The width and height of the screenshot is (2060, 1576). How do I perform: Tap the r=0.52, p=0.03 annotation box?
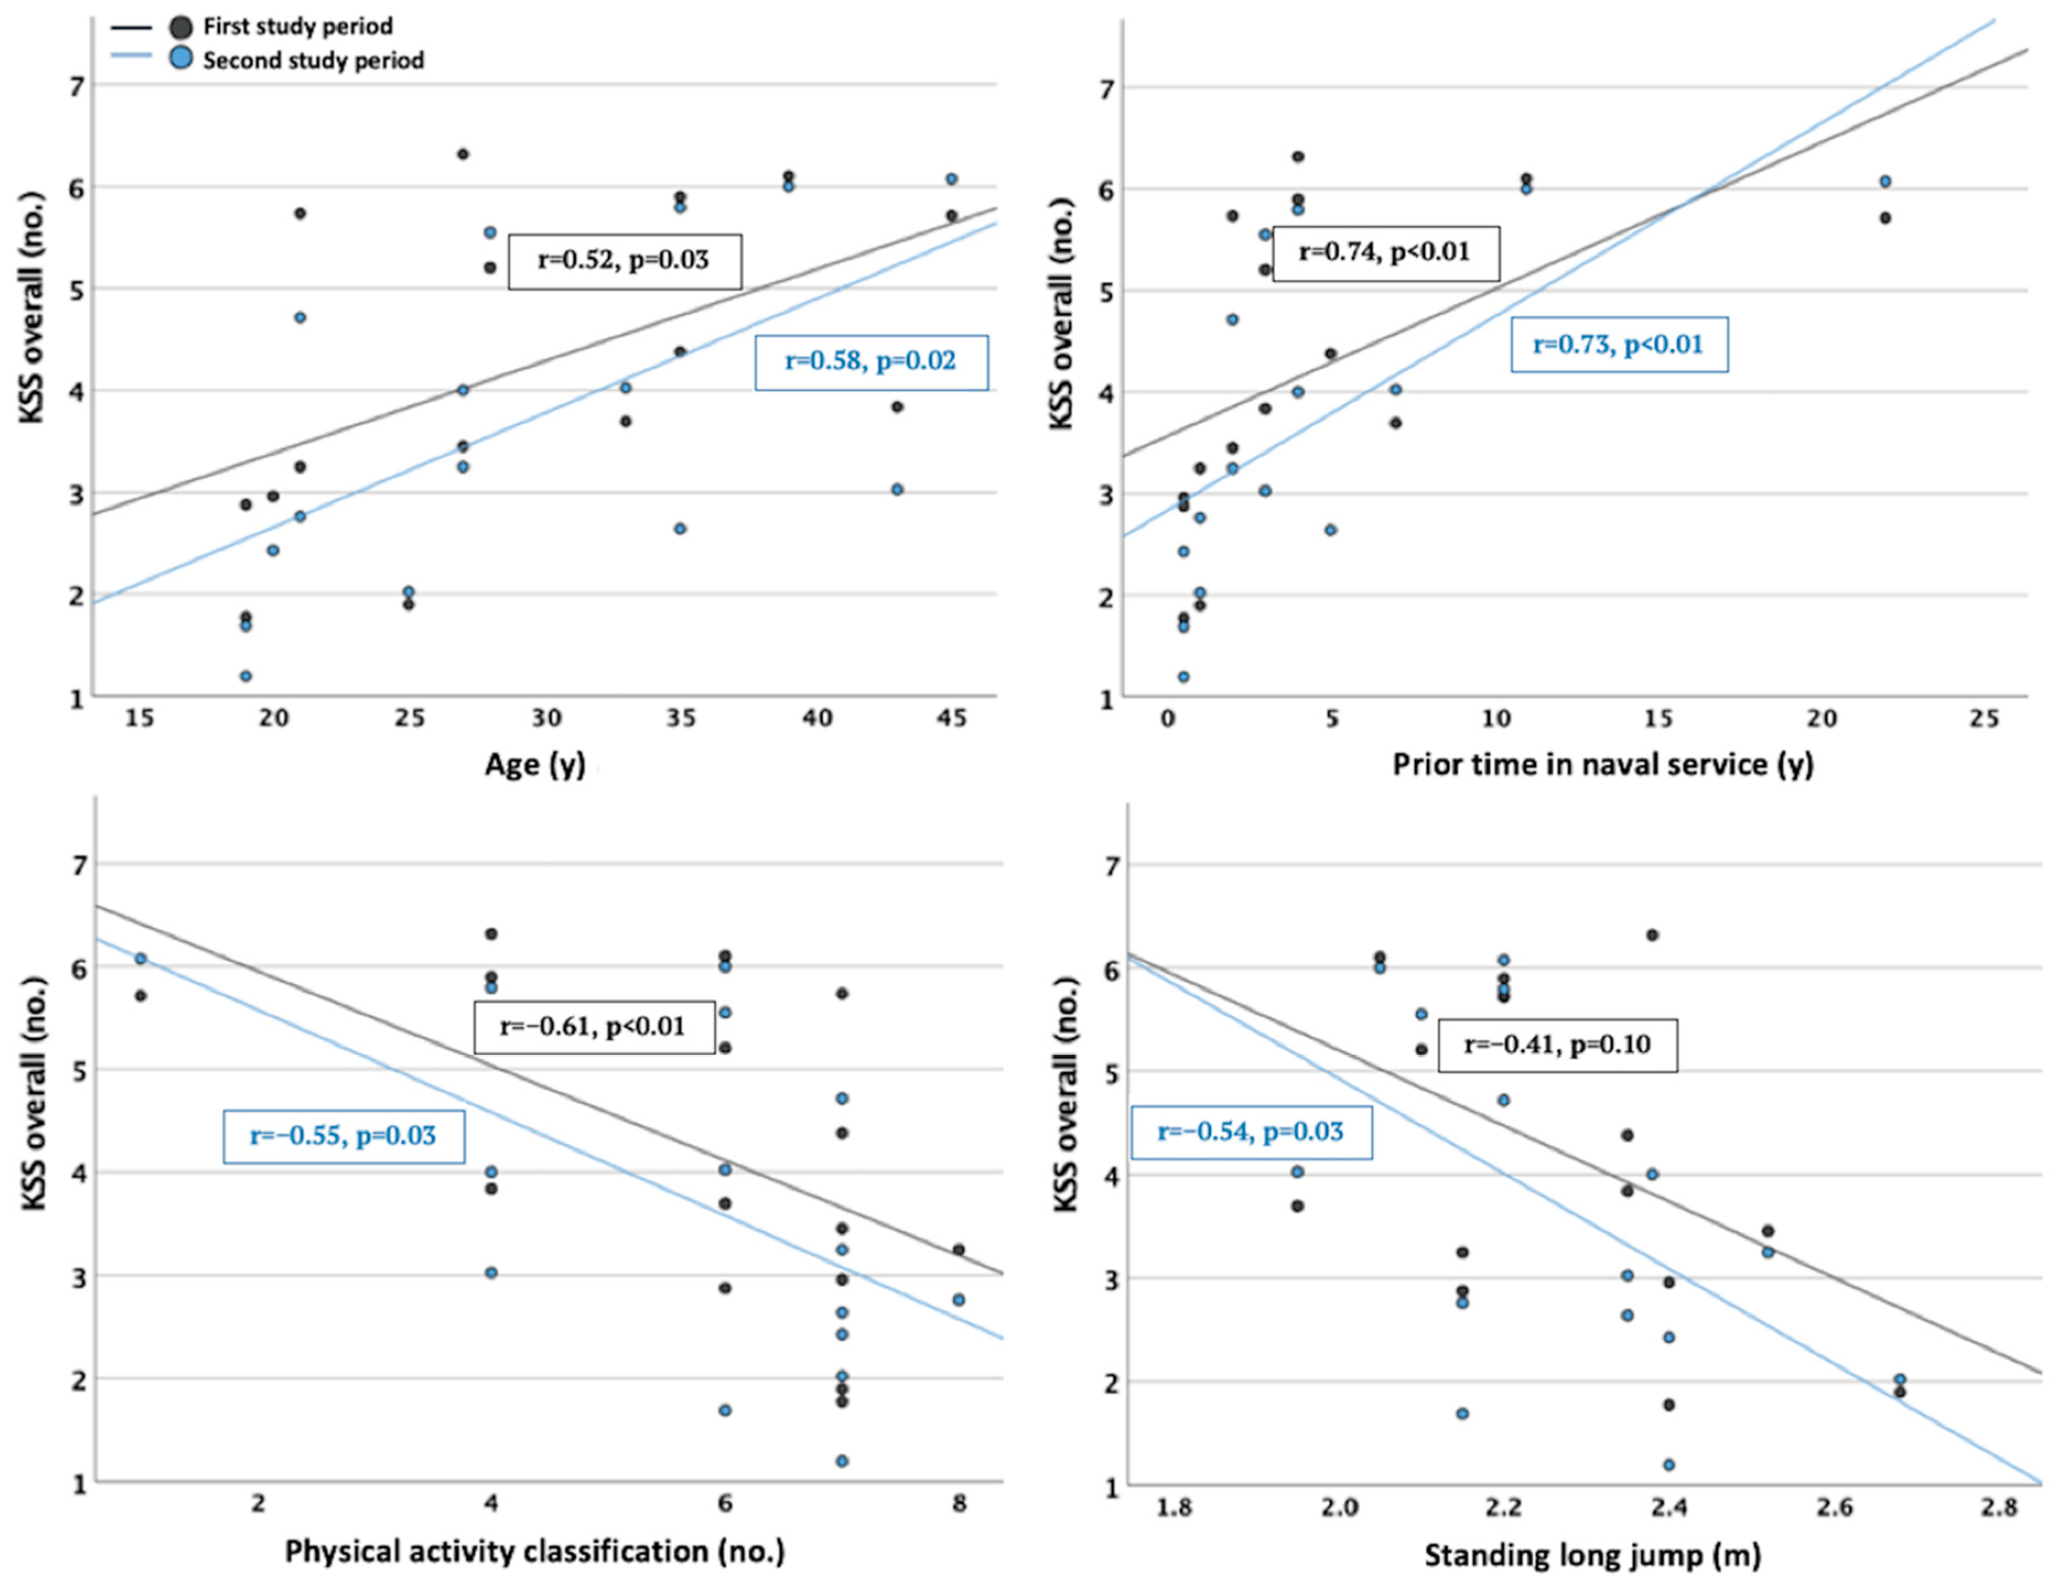click(x=625, y=261)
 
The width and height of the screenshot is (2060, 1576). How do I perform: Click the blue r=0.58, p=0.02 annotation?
click(x=871, y=362)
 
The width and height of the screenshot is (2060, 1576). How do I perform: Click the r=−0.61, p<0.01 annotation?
click(x=594, y=1026)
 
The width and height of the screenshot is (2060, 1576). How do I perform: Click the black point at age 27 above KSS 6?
click(x=463, y=154)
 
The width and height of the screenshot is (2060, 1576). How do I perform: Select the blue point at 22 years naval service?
click(x=1884, y=181)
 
